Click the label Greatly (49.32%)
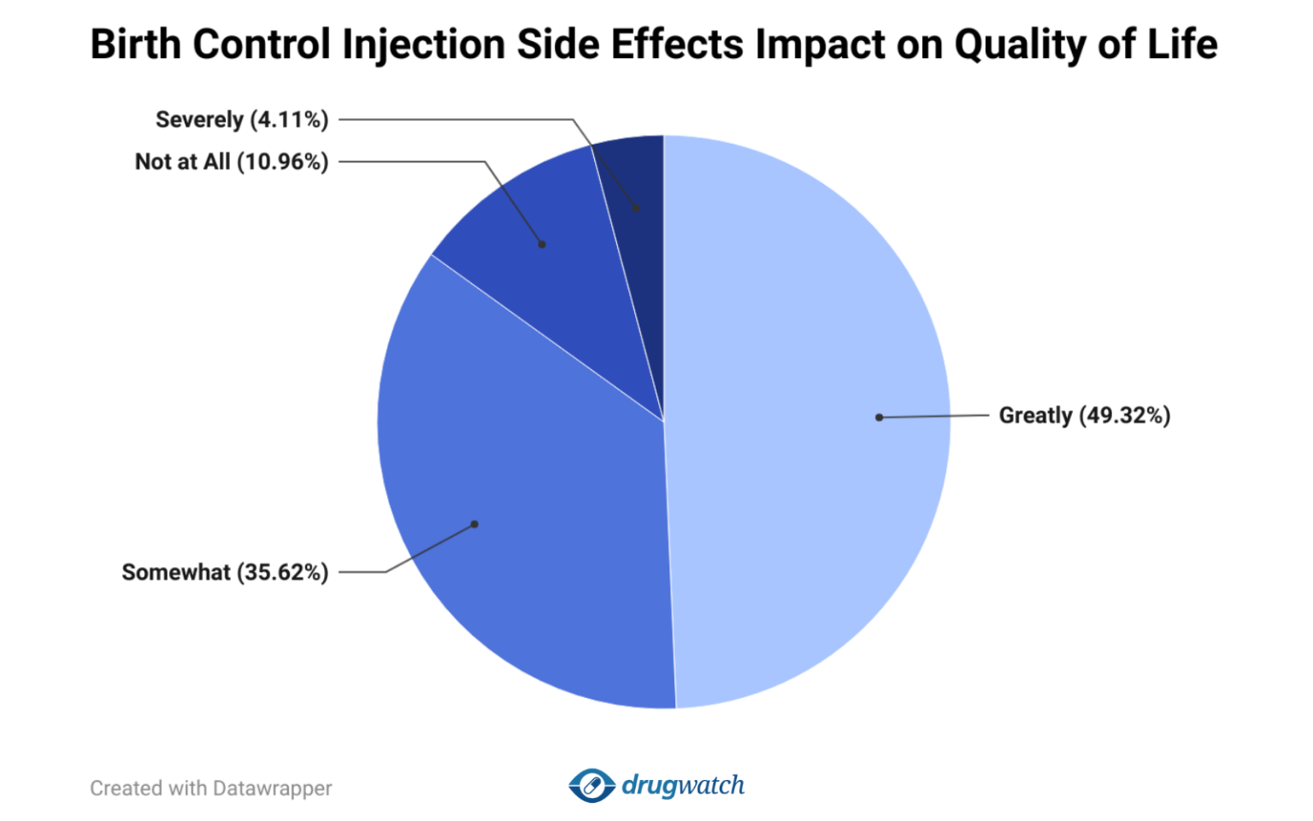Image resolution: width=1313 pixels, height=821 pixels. click(x=1084, y=416)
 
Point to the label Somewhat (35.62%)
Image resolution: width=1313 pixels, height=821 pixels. click(x=225, y=572)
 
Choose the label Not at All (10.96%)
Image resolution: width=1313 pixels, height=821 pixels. click(x=232, y=162)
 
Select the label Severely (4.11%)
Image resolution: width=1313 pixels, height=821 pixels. click(x=242, y=120)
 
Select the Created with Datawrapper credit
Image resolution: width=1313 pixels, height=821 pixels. click(x=211, y=789)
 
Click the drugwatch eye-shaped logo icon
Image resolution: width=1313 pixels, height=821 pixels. click(x=592, y=785)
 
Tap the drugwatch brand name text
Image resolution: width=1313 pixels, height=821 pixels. click(x=683, y=785)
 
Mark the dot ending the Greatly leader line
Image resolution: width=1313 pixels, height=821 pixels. click(x=879, y=417)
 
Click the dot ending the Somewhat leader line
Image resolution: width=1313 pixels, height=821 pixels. click(x=474, y=524)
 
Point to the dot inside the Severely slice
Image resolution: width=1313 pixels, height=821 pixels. click(x=636, y=208)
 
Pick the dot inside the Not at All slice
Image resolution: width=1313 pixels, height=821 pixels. click(x=542, y=245)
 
